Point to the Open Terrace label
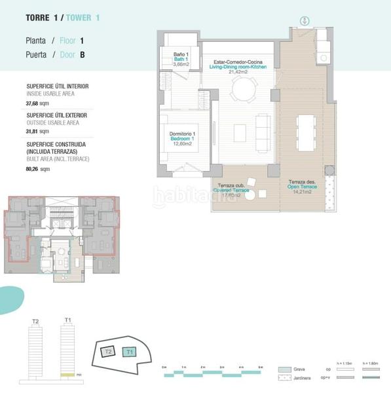click(303, 187)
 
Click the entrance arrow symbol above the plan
click(304, 21)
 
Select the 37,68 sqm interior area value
click(37, 103)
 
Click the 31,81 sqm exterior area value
click(37, 132)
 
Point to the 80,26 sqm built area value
click(37, 168)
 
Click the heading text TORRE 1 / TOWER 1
click(63, 18)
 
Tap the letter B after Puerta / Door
click(83, 55)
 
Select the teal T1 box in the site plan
click(130, 352)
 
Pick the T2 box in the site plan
click(109, 352)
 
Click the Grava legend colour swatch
click(284, 369)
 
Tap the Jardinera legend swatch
click(284, 379)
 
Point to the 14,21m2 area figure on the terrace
click(303, 192)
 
